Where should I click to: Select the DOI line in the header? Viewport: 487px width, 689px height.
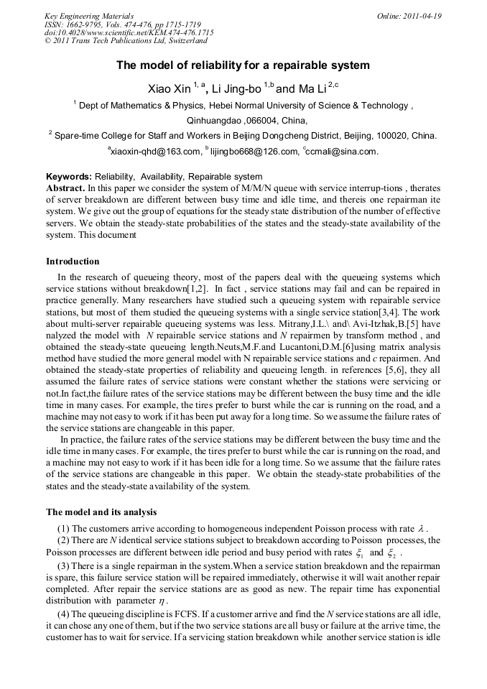[129, 33]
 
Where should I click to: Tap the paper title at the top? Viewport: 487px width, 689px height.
[243, 65]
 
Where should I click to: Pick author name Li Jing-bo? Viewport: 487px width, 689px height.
[238, 89]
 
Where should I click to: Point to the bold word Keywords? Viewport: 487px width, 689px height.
[69, 177]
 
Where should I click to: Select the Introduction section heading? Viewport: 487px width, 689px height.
[73, 262]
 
